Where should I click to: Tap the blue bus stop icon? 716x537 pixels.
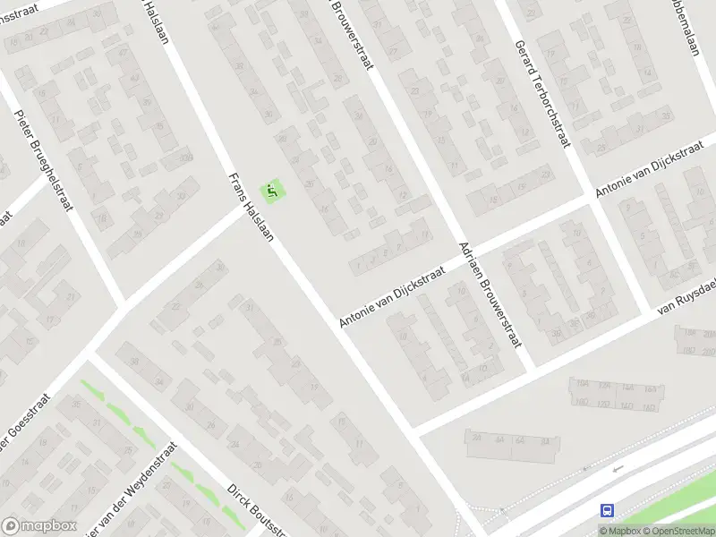[608, 510]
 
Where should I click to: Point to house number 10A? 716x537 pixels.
[627, 388]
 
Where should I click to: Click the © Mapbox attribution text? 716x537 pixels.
[619, 531]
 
